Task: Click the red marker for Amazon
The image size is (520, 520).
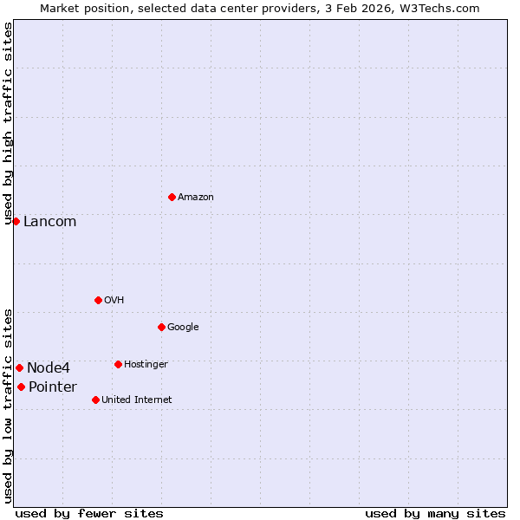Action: pos(172,197)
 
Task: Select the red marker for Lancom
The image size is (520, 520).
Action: pos(16,221)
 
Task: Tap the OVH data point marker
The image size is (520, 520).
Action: pos(98,300)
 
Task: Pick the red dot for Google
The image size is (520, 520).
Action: pos(161,327)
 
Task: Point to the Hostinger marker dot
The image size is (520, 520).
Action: pos(118,364)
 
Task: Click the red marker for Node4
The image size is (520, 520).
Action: pos(19,367)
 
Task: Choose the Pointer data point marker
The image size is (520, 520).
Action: pos(21,387)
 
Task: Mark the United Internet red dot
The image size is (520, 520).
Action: pos(95,400)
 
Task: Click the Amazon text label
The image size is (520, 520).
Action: pos(196,198)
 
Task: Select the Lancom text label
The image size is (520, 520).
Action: pos(49,222)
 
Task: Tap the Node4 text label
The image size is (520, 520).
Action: pos(48,368)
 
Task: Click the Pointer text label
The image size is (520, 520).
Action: pos(52,387)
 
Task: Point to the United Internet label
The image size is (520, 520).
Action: pos(136,400)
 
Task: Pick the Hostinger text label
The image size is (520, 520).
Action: pos(146,365)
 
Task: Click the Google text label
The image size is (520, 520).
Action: pos(183,328)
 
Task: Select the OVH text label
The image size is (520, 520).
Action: pos(114,301)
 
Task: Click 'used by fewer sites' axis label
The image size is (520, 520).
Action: pos(89,513)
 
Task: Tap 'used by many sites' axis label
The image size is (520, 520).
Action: pos(435,513)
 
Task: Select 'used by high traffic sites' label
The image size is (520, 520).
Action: pos(8,124)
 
